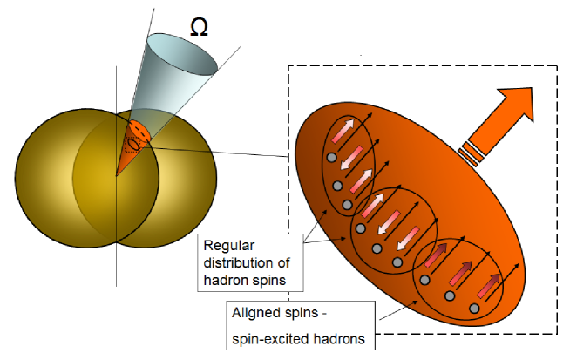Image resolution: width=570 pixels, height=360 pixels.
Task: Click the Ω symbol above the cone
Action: tap(200, 28)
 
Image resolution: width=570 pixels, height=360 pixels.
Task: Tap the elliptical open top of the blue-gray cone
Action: tap(181, 54)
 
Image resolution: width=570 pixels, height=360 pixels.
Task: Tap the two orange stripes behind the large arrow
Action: tap(472, 152)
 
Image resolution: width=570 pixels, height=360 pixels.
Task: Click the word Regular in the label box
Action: tap(226, 246)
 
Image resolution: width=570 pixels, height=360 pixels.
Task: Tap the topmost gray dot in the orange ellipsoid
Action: tap(331, 157)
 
